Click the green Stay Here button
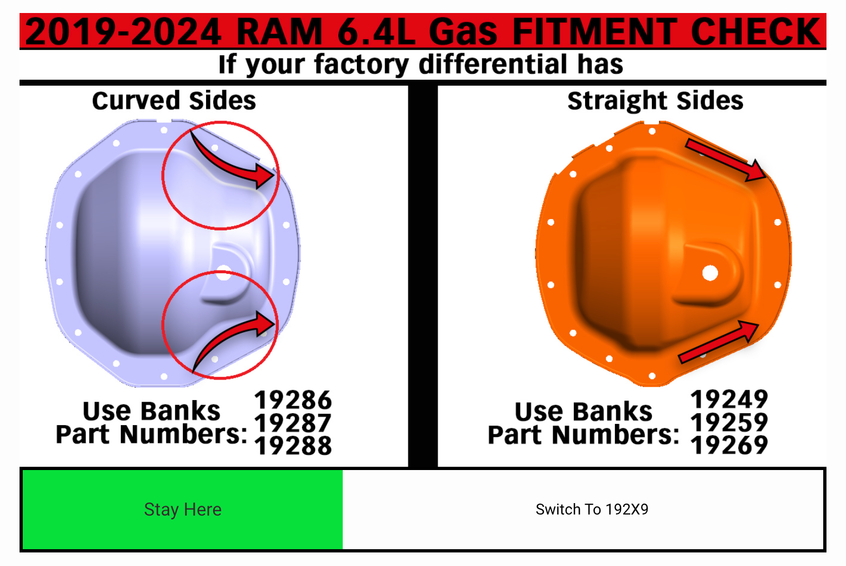coord(182,510)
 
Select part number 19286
coord(293,401)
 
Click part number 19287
coord(293,423)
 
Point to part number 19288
coord(293,446)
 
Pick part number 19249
coord(729,400)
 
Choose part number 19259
coord(729,422)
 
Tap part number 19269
coord(729,445)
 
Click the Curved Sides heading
coord(174,101)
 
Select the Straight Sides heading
coord(655,101)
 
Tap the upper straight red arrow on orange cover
coord(726,160)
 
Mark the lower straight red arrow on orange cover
coord(719,342)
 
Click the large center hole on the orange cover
coord(710,273)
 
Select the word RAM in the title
coord(279,31)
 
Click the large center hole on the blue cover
coord(223,274)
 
